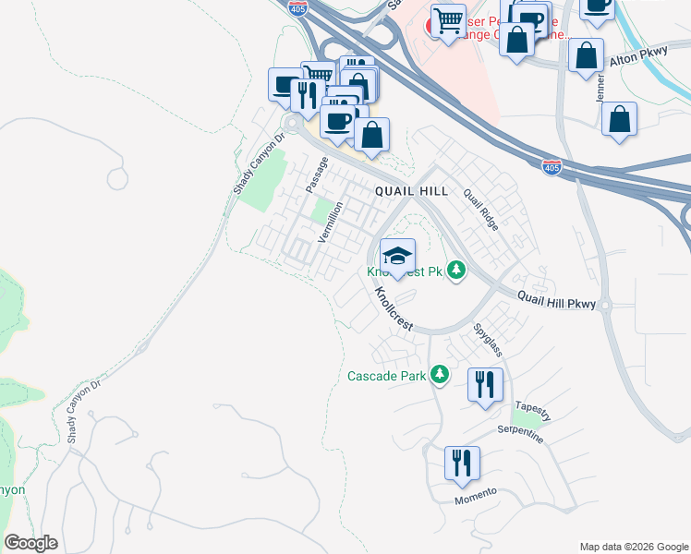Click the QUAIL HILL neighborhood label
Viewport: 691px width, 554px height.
tap(411, 191)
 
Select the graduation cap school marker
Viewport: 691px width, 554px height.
tap(397, 257)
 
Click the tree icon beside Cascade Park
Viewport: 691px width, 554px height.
tap(441, 375)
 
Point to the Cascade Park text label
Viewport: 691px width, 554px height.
tap(387, 376)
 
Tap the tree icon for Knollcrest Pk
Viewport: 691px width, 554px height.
tap(455, 271)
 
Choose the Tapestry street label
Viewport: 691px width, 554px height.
tap(533, 411)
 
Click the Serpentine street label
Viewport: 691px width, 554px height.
tap(519, 433)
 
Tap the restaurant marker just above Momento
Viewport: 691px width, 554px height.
tap(462, 463)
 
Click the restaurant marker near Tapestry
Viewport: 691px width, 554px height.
tap(485, 383)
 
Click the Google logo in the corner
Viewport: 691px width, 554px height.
tap(30, 543)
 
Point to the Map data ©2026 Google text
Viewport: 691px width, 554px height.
tap(633, 547)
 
